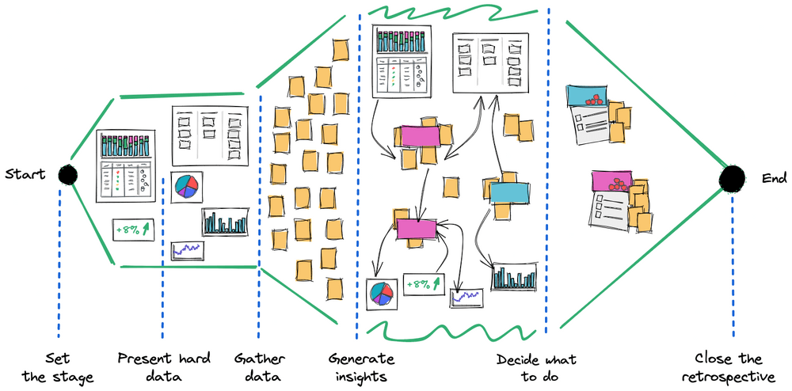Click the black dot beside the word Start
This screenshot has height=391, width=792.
68,175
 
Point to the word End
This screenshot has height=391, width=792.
773,179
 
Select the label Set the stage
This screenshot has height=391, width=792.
58,368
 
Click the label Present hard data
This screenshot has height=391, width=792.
164,368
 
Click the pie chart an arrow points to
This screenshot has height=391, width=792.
381,292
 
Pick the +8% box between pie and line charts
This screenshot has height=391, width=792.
423,284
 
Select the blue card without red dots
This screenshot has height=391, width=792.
509,192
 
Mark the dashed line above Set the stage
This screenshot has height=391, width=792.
59,261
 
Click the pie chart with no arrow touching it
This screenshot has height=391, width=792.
186,185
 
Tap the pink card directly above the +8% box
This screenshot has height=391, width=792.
417,229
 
